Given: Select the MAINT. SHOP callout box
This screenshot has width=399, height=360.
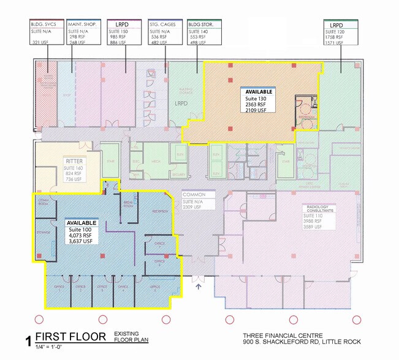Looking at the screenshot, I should point(84,32).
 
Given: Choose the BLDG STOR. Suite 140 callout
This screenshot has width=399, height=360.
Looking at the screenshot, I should point(205,32).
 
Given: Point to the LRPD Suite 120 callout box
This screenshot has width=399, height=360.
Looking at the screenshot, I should point(341,32).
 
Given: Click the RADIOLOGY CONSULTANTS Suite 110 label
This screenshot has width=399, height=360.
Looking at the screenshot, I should point(319,218).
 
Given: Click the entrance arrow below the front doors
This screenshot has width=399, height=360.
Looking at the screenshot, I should point(197,283).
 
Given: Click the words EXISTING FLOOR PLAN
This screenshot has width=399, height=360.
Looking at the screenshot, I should point(131,337).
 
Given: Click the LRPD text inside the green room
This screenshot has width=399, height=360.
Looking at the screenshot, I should point(180,104).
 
